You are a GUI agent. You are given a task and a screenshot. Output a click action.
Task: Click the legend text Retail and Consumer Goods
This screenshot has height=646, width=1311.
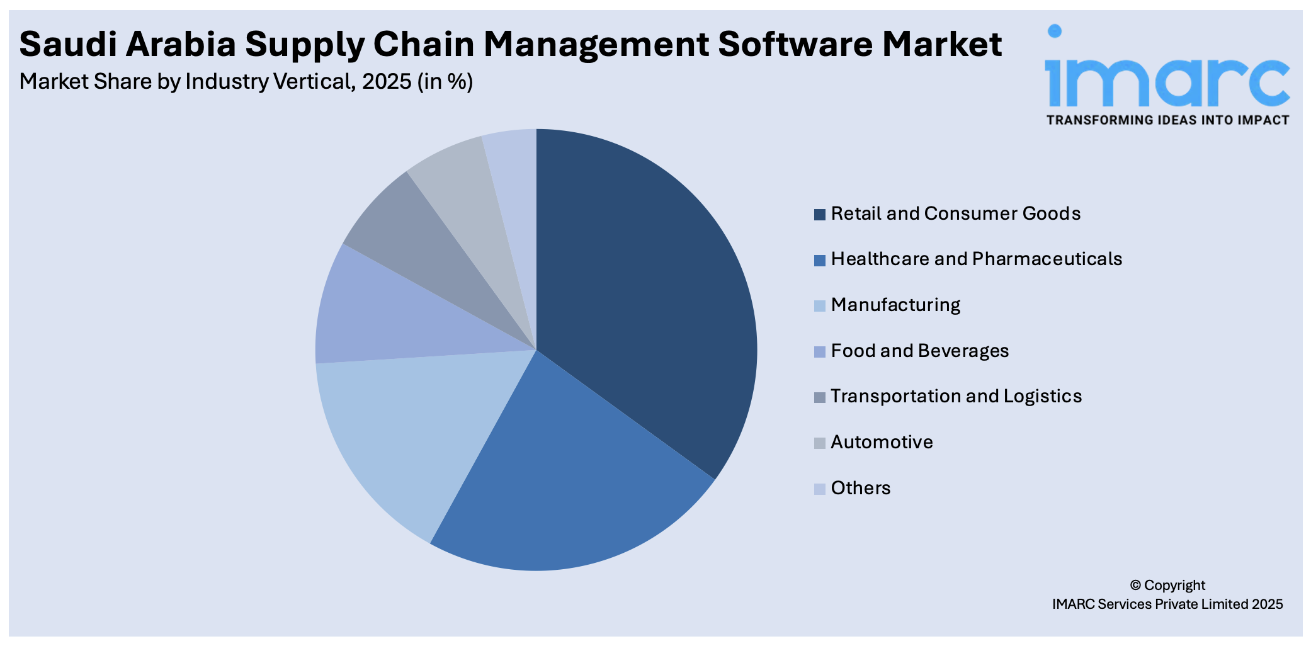click(955, 213)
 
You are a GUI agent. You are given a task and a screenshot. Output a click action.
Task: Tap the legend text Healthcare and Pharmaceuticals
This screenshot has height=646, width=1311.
click(976, 259)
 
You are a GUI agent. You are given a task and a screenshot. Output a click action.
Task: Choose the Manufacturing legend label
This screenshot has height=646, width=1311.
click(895, 305)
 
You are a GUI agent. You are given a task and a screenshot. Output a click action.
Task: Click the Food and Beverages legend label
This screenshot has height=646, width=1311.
click(919, 351)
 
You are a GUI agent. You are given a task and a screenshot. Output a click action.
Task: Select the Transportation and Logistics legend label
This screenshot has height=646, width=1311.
click(955, 396)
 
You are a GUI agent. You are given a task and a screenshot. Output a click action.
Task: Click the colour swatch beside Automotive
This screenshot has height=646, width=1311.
click(819, 443)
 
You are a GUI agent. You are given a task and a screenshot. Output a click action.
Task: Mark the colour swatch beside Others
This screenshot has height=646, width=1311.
click(819, 489)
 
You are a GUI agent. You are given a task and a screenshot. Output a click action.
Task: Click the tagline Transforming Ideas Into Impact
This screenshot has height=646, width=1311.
click(1167, 120)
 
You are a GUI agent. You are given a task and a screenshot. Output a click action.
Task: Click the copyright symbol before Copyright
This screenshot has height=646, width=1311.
click(1135, 586)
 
